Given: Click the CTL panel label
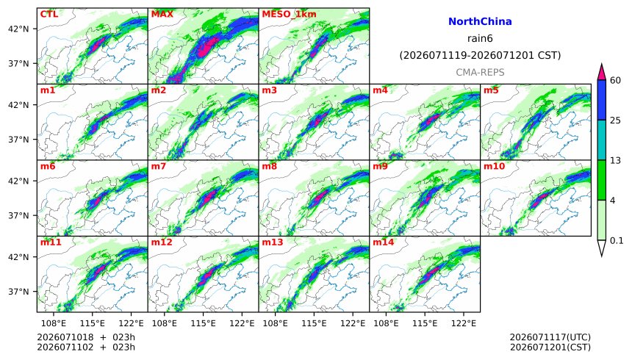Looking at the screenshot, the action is point(49,14).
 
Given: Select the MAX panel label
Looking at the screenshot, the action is point(162,14).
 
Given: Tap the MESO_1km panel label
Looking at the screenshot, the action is point(289,14).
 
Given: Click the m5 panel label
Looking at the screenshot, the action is point(491,90).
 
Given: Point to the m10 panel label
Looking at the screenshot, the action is point(494,166).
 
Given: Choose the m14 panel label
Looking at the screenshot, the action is point(383,242).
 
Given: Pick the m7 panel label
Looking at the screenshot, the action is point(159,166).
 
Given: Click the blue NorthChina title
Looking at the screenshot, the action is point(480,22).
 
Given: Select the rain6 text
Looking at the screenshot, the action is point(480,39).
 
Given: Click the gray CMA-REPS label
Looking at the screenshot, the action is point(480,73).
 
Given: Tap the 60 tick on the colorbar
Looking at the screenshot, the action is point(615,80).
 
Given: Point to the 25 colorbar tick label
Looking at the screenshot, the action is point(615,120).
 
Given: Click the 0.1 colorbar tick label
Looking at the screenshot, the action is point(617,241).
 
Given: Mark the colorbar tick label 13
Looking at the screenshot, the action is point(615,160).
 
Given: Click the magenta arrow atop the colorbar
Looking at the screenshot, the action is point(602,73).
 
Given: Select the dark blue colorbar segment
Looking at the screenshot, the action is point(602,100).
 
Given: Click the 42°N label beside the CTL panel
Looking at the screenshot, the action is point(18,29).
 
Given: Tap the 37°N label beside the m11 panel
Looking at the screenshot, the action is point(18,292).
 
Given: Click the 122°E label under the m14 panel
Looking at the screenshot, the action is point(464,323).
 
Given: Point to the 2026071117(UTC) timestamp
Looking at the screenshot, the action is point(550,337).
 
